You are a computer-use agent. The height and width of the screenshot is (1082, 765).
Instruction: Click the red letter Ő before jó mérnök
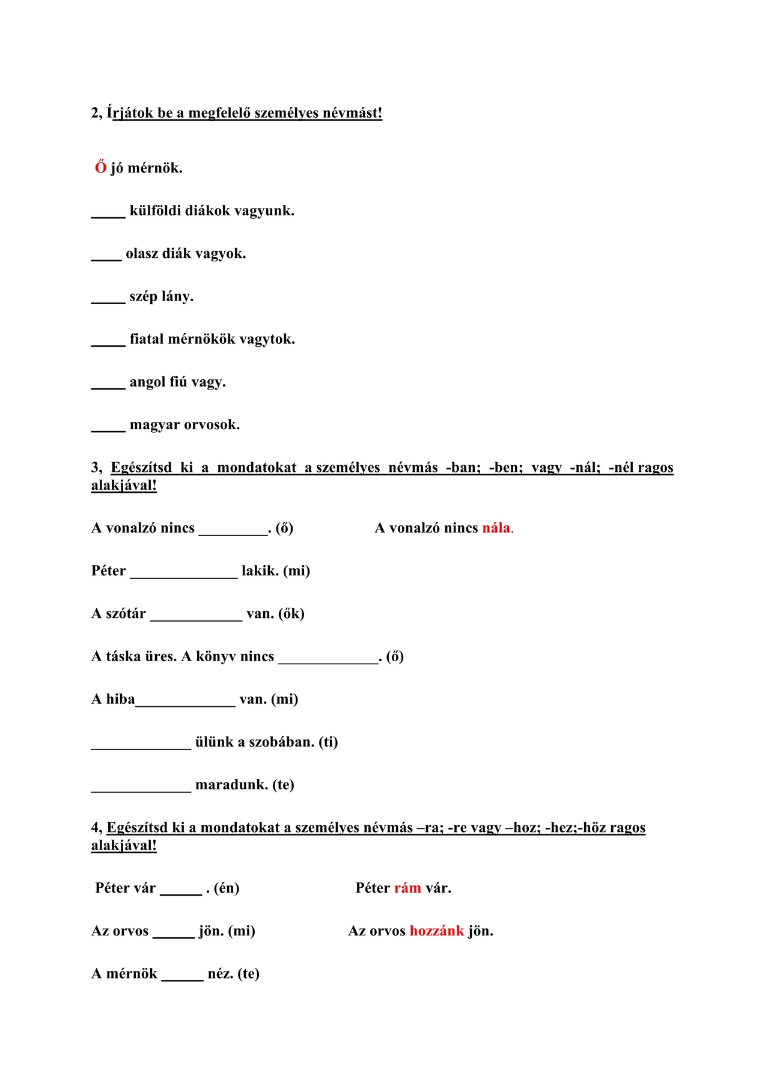pos(100,167)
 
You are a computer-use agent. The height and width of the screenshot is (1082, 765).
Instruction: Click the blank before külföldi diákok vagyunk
pos(108,215)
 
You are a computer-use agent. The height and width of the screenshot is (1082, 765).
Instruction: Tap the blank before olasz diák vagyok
pos(106,258)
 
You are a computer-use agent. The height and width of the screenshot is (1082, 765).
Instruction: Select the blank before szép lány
pos(108,301)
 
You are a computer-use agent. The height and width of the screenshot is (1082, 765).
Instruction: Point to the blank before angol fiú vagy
pos(108,387)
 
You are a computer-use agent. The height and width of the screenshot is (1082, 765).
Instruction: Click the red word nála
pos(496,528)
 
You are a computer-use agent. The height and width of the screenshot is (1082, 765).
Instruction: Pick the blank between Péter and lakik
pos(184,576)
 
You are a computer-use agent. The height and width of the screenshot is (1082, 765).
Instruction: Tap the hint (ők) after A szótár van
pos(291,614)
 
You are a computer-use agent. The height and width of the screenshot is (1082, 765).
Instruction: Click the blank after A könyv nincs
pos(328,661)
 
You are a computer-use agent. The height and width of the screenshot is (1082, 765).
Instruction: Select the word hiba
pos(121,699)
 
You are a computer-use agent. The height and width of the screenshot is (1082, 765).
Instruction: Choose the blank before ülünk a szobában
pos(141,747)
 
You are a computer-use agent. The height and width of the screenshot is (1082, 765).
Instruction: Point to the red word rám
pos(407,888)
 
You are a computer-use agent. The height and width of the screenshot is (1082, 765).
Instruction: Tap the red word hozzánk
pos(437,931)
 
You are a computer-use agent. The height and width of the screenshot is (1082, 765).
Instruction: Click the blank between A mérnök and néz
pos(183,979)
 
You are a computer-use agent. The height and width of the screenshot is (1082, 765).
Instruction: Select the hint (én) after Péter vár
pos(227,888)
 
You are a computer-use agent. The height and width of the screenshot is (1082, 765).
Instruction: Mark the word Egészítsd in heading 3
pos(141,468)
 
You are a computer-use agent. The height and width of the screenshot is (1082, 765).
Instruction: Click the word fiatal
pos(147,339)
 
